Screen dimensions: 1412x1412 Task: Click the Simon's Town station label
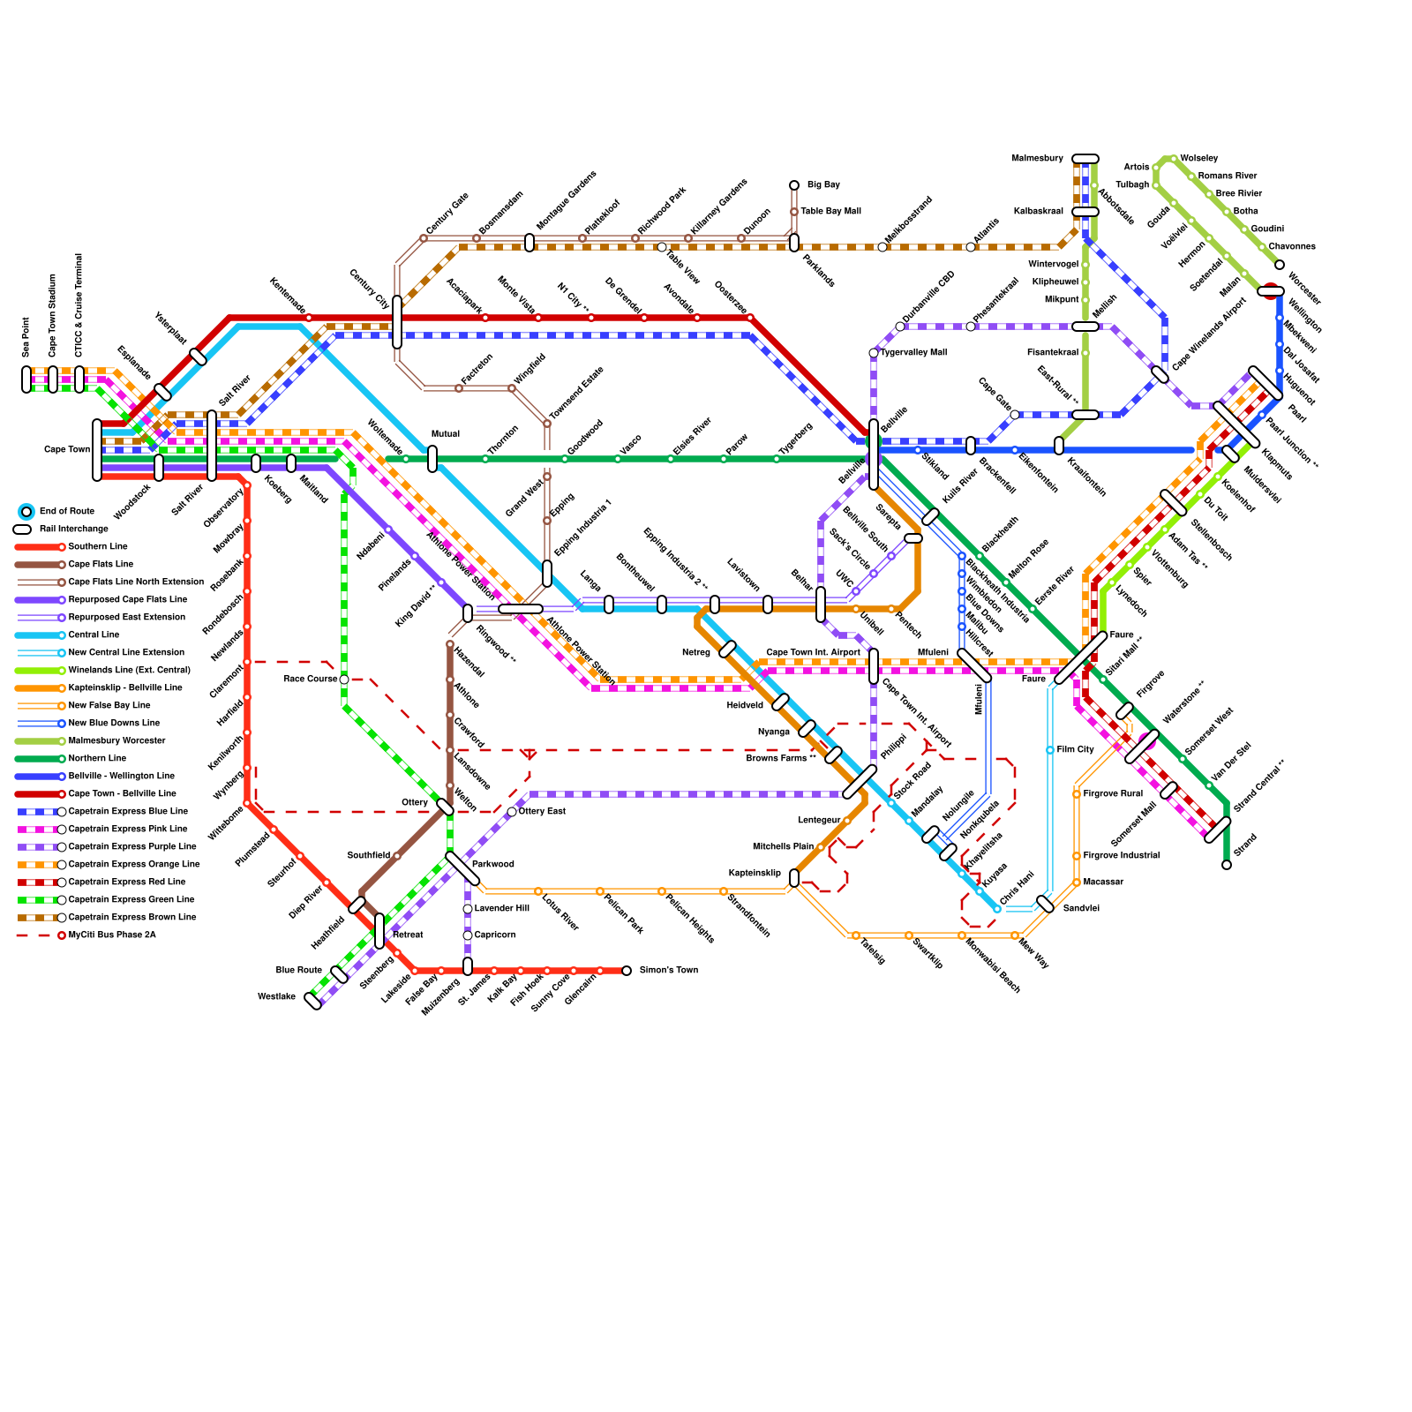coord(668,970)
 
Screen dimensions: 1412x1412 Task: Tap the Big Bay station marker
coord(794,185)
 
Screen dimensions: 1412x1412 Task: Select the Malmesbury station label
coord(1037,158)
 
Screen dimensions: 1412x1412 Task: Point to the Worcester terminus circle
coord(1280,265)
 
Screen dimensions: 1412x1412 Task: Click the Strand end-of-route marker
coord(1227,865)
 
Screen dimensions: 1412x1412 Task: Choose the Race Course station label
coord(311,679)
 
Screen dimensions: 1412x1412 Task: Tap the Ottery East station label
coord(542,811)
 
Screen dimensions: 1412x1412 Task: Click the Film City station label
coord(1075,749)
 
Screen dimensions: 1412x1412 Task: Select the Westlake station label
coord(276,996)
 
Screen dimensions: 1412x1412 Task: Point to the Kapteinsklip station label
coord(755,873)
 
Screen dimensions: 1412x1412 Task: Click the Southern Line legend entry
coord(98,546)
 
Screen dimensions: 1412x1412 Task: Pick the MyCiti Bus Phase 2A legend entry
coord(112,935)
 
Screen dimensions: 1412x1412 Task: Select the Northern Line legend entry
coord(97,758)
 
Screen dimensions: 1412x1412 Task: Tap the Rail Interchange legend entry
coord(74,529)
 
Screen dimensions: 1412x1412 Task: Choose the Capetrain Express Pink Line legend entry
coord(128,829)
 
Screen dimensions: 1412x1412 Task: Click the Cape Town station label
coord(67,449)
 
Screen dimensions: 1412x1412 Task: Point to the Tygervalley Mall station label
coord(913,352)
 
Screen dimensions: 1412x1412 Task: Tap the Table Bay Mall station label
coord(830,211)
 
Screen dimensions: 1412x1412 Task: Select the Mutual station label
coord(446,433)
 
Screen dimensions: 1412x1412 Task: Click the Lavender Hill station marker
coord(468,909)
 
